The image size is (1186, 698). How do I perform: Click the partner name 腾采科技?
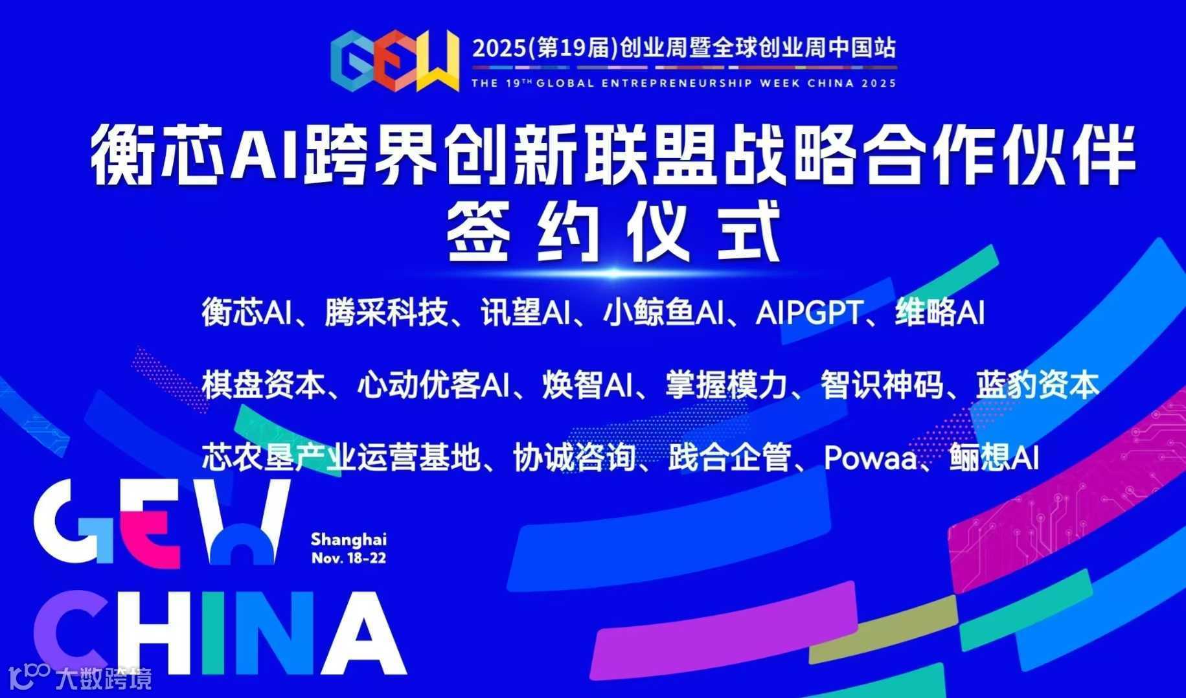[386, 312]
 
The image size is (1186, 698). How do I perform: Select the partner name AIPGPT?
[808, 313]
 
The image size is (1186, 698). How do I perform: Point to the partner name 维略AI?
[940, 312]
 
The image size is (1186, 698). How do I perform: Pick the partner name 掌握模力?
[725, 385]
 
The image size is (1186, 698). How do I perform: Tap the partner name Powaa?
[870, 458]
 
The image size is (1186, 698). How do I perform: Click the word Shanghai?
[348, 539]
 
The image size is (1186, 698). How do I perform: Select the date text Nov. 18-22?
[348, 557]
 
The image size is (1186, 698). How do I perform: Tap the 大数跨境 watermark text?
[104, 679]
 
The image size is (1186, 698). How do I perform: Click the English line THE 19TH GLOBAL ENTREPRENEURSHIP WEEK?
[683, 83]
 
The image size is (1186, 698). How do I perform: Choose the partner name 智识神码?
[882, 385]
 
